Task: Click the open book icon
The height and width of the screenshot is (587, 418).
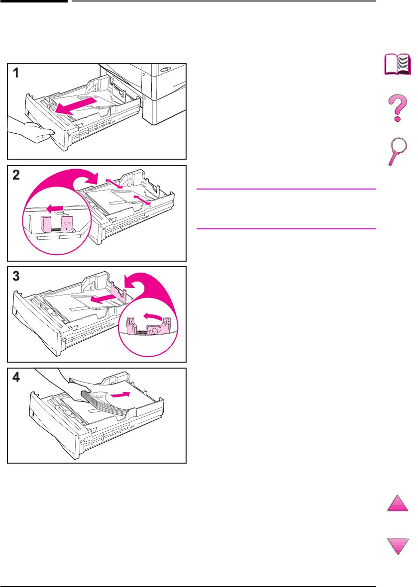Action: [x=398, y=64]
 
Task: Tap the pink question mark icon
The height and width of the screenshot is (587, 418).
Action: [x=398, y=108]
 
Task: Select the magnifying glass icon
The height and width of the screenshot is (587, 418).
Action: [x=398, y=151]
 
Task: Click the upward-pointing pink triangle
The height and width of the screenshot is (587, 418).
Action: [x=398, y=503]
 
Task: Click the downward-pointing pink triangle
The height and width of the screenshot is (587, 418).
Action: [x=398, y=546]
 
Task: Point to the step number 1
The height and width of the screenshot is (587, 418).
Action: [x=16, y=73]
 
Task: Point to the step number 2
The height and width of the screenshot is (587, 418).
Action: [x=16, y=175]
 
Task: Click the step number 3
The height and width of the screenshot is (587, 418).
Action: [x=16, y=276]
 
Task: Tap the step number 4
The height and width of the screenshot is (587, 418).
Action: [x=16, y=377]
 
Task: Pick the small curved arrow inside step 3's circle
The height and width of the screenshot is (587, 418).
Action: [x=154, y=317]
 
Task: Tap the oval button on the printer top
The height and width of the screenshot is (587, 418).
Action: [x=164, y=70]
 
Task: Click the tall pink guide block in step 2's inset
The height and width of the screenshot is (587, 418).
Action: [x=46, y=225]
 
